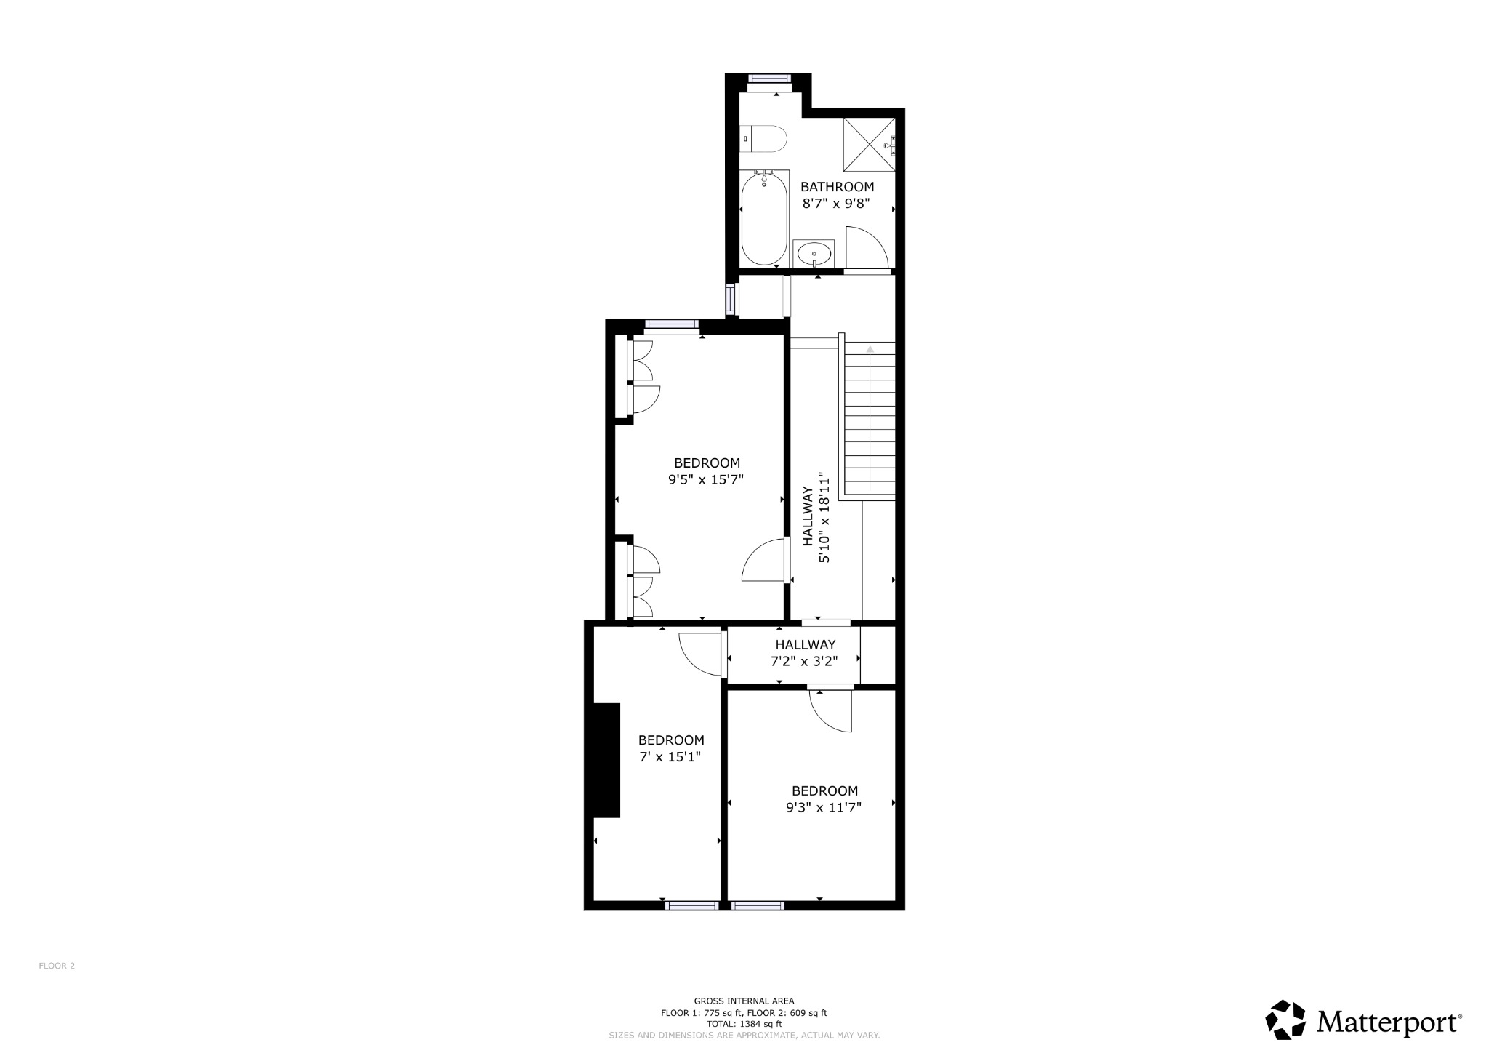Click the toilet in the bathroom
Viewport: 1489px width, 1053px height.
tap(765, 139)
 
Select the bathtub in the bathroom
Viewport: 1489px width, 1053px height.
tap(764, 218)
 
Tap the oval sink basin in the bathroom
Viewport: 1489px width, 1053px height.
tap(814, 254)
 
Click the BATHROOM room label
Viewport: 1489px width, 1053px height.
tap(837, 187)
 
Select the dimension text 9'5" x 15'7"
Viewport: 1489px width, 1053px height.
tap(706, 480)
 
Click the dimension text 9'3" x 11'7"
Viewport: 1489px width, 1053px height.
tap(824, 807)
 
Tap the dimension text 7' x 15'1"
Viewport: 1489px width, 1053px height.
tap(670, 757)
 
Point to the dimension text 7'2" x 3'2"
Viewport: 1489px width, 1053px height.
tap(804, 662)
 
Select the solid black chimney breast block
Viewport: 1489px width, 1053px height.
tap(607, 760)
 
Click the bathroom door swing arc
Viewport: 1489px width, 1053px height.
tap(867, 247)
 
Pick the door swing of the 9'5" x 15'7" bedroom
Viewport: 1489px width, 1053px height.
tap(763, 560)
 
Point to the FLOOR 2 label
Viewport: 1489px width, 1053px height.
tap(57, 966)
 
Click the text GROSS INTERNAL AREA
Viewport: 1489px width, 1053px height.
tap(744, 1001)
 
